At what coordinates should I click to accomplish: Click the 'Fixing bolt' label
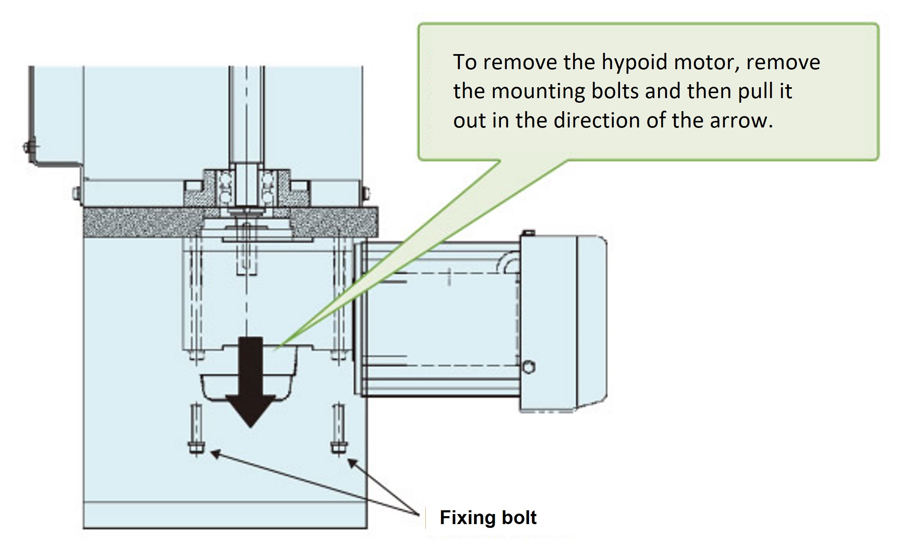coord(488,517)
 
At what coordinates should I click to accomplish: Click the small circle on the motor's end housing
coord(529,368)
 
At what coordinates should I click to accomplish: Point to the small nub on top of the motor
coord(529,233)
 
